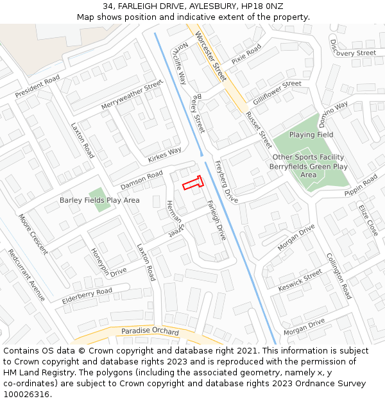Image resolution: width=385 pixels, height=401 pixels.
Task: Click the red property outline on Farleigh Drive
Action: [x=193, y=183]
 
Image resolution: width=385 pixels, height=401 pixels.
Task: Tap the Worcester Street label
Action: [x=211, y=56]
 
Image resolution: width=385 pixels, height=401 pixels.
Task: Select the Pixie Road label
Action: [x=246, y=54]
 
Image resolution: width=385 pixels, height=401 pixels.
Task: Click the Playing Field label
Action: [x=311, y=135]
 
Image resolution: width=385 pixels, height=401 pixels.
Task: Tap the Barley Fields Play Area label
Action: [x=99, y=200]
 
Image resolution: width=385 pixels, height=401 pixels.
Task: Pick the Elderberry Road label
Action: [x=87, y=296]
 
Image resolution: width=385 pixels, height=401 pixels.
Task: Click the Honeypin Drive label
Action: [x=108, y=262]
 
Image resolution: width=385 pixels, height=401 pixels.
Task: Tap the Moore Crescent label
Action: [x=33, y=234]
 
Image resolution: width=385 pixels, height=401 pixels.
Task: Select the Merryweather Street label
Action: [x=132, y=96]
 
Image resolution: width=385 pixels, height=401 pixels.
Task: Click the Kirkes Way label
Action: [x=164, y=155]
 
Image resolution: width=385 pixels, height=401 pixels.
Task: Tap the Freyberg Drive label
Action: [x=227, y=182]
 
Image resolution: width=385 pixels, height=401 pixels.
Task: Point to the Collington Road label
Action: [x=339, y=275]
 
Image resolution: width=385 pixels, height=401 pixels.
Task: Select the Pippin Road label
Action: [x=361, y=185]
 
